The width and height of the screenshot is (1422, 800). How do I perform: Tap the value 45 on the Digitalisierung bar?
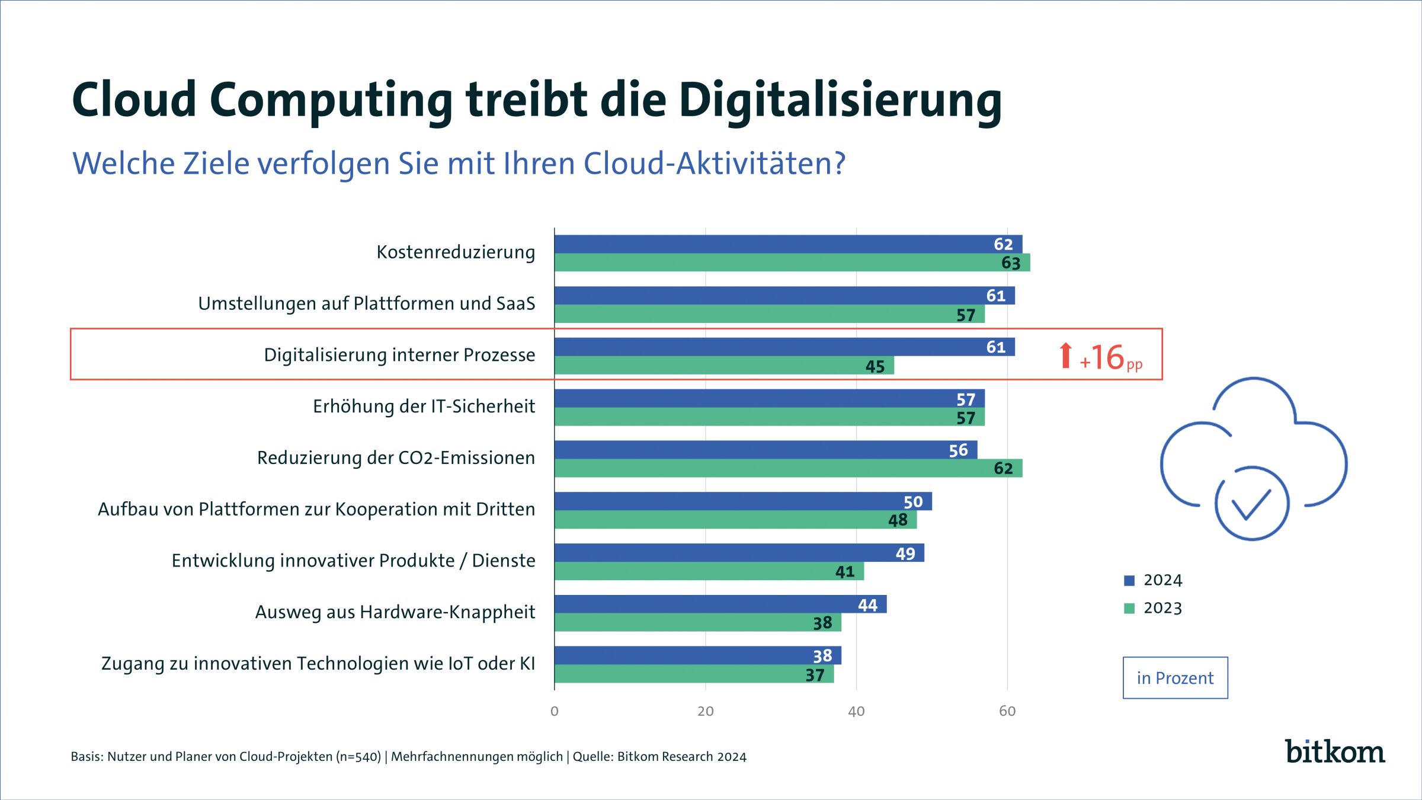[x=875, y=366]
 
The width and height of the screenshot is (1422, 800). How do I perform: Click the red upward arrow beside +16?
[x=1065, y=356]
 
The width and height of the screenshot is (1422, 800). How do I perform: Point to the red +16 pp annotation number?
[x=1107, y=357]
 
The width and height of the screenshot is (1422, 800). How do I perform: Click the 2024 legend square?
[x=1129, y=581]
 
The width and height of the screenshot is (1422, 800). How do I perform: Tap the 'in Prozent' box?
[x=1175, y=678]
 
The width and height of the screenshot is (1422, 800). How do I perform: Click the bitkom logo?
[x=1334, y=752]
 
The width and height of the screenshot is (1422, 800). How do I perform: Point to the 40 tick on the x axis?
[x=856, y=711]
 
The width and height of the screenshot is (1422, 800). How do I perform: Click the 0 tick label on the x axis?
[x=555, y=711]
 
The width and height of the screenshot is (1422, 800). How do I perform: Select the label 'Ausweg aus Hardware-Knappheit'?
[x=395, y=612]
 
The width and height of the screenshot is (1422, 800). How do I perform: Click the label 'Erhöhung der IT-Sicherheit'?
[x=424, y=407]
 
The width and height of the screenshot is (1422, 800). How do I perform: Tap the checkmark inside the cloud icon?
[x=1251, y=504]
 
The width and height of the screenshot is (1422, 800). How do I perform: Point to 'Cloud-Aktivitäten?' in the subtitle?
[x=714, y=164]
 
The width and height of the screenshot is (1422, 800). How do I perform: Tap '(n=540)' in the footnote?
[x=358, y=757]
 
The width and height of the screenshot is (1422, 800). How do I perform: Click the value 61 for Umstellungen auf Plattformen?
[x=995, y=296]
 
